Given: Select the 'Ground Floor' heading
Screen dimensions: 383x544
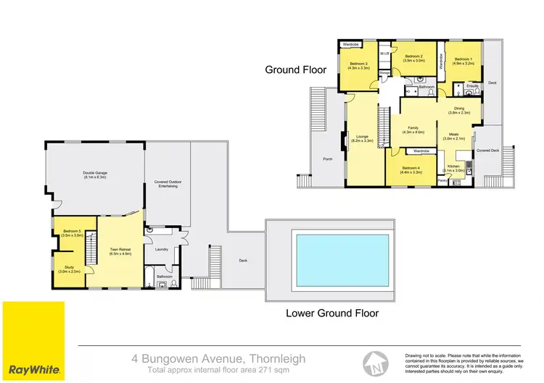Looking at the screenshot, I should pyautogui.click(x=295, y=70).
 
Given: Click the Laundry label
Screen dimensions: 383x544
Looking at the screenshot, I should pyautogui.click(x=161, y=250).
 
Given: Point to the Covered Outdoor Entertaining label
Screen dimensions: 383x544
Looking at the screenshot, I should pyautogui.click(x=167, y=185).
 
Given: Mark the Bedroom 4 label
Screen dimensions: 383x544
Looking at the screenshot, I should pyautogui.click(x=411, y=169).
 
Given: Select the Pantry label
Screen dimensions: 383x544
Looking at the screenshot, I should pyautogui.click(x=443, y=180).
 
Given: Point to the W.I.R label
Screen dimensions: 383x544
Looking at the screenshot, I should pyautogui.click(x=385, y=54).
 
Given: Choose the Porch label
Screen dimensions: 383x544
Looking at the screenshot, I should pyautogui.click(x=328, y=159).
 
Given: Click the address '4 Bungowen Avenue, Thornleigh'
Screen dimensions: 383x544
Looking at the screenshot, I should pyautogui.click(x=218, y=358).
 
